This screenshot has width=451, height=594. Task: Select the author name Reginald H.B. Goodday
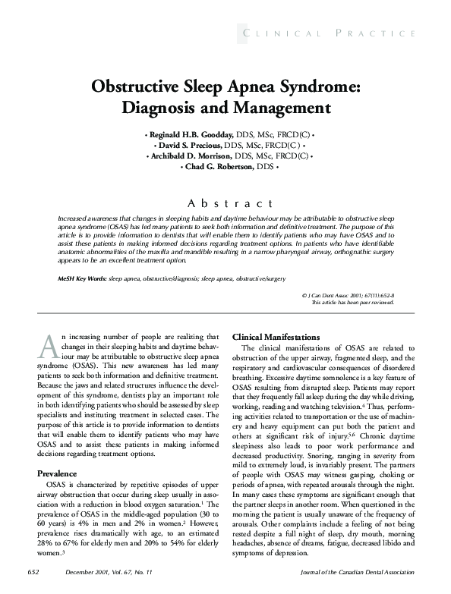[191, 134]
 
